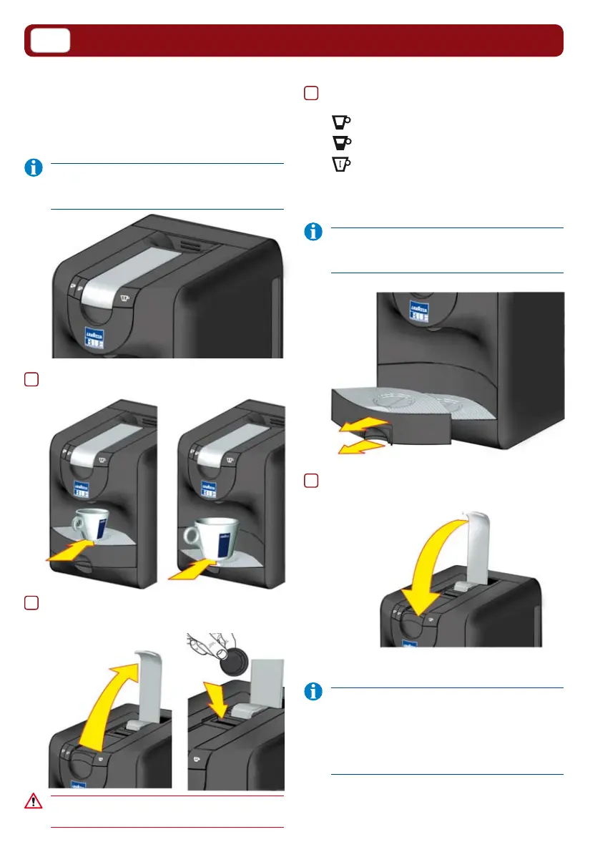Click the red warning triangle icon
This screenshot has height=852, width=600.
[34, 801]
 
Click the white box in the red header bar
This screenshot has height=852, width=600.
[49, 41]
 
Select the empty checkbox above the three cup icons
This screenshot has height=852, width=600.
[310, 93]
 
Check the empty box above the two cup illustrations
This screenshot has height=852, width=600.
[31, 381]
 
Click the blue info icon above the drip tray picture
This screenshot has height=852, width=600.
[313, 232]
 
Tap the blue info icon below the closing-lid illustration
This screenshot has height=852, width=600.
[313, 692]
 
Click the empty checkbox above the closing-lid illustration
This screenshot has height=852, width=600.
[310, 481]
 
